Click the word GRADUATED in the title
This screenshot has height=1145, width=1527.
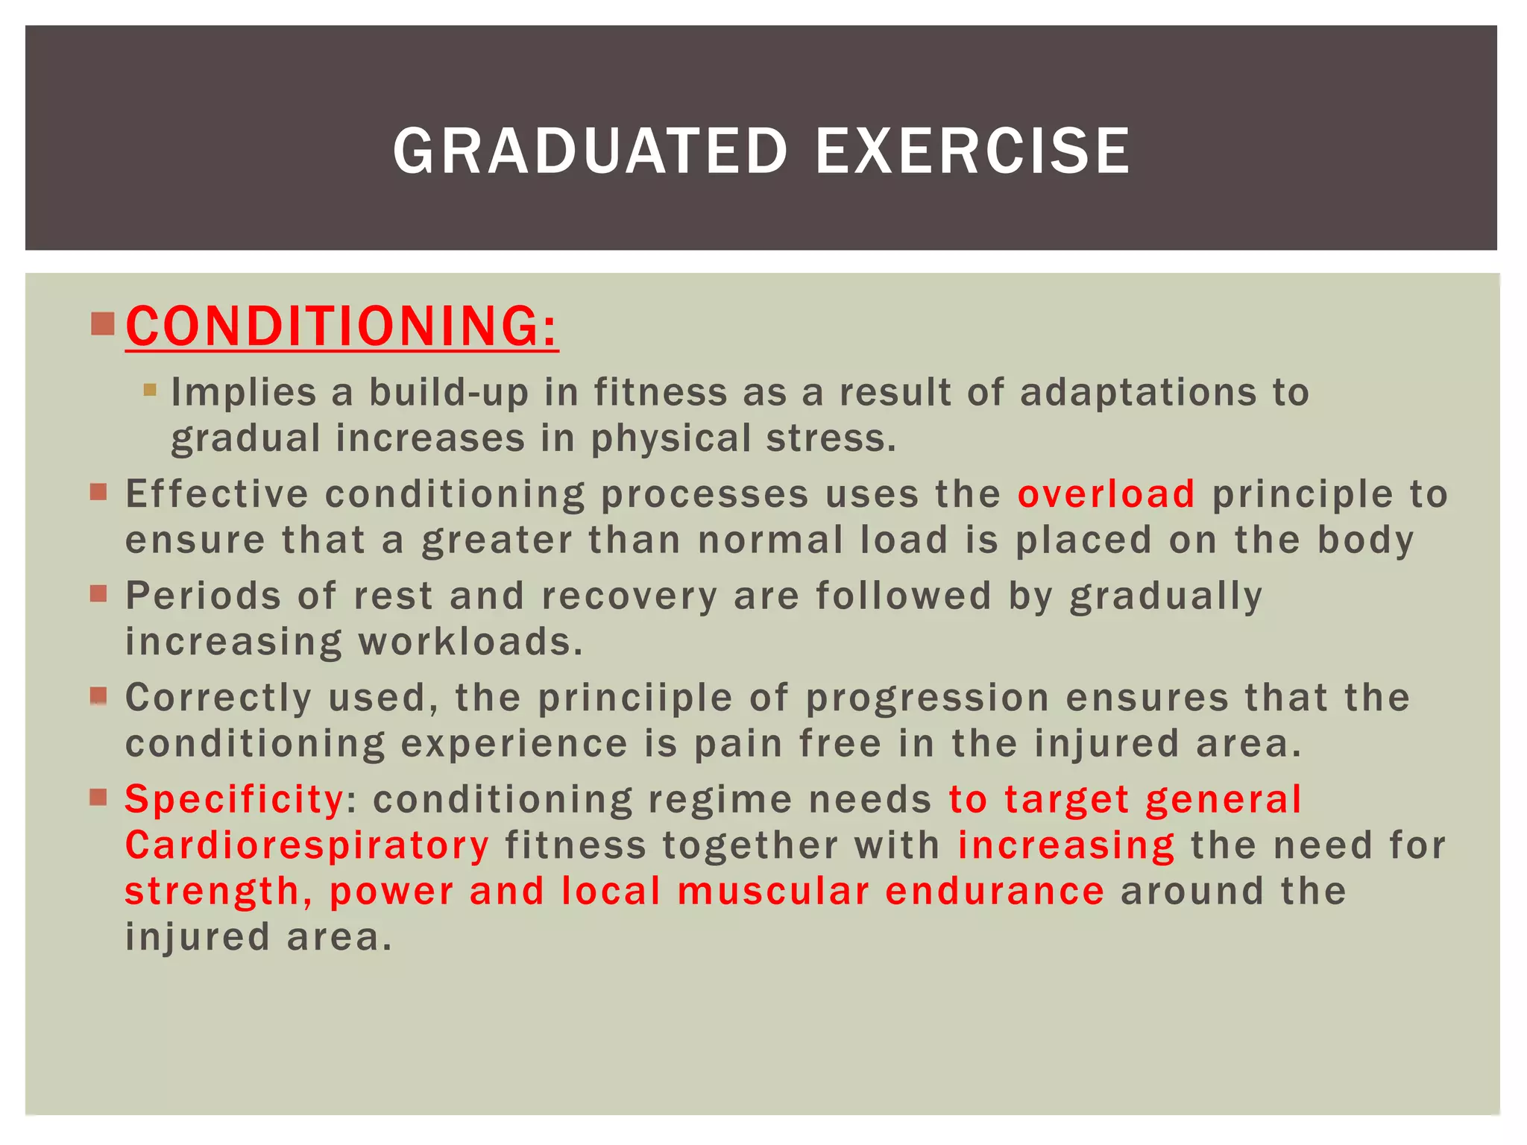point(590,151)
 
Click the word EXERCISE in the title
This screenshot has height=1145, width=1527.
point(973,151)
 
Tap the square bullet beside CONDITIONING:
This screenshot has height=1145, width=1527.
point(102,324)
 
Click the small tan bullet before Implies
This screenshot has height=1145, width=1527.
point(150,389)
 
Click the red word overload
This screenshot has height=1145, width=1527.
point(1106,493)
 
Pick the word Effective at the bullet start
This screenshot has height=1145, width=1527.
point(216,493)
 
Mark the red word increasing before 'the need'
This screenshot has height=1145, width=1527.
point(1066,845)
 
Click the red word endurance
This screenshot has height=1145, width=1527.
point(994,891)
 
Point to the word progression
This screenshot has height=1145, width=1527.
point(928,698)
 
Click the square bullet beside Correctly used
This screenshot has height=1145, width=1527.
point(98,696)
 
